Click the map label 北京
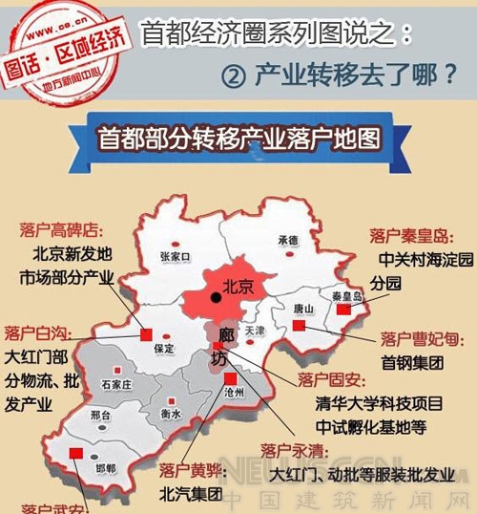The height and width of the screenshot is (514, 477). pos(238,287)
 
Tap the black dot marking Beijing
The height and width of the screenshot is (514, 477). pos(217,298)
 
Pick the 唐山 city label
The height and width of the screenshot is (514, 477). pos(303,310)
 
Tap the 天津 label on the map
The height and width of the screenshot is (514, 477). pos(254,331)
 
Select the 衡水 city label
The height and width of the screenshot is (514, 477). pos(171,414)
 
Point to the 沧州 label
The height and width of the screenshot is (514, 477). pos(234,392)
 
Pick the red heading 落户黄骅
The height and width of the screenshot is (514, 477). pos(191,471)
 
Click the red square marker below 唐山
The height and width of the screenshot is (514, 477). pos(299,327)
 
